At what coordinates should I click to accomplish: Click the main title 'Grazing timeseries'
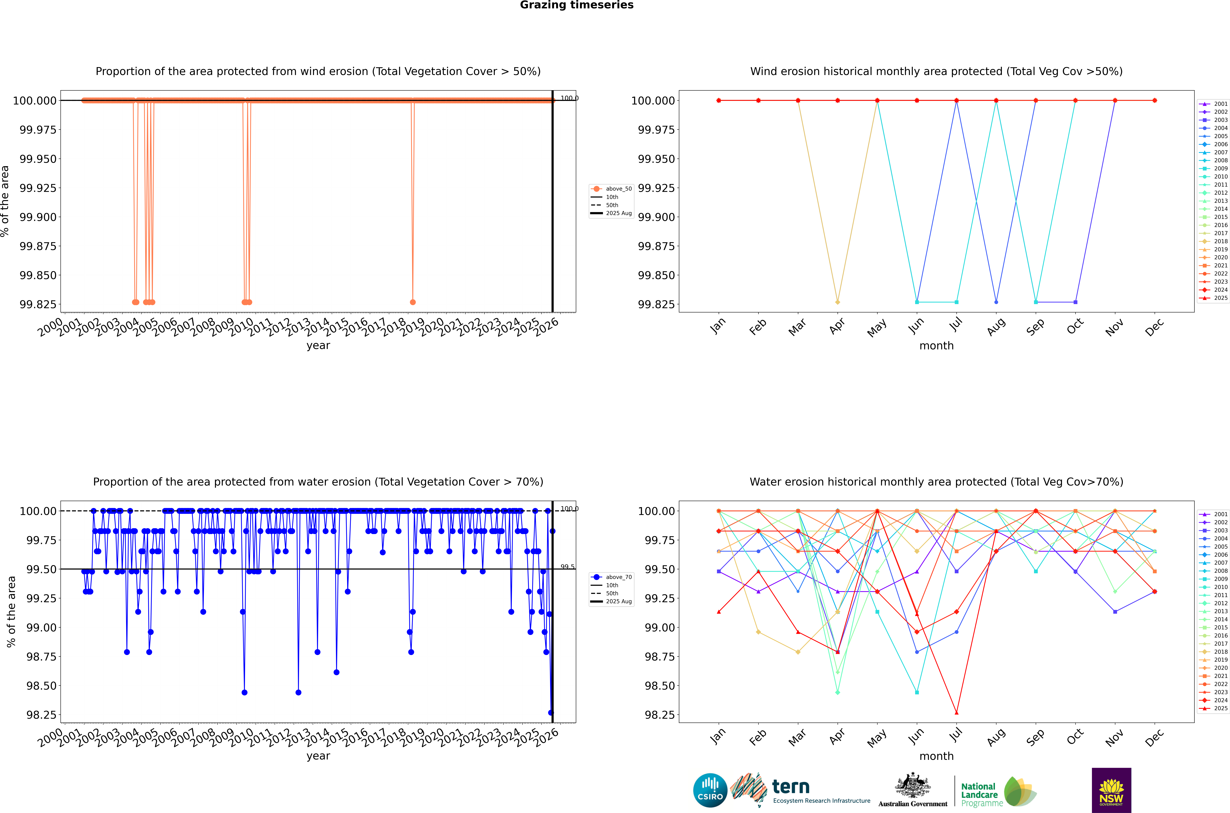coord(576,5)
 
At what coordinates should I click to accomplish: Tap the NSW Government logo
coord(1111,790)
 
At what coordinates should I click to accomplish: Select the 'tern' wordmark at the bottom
coord(790,787)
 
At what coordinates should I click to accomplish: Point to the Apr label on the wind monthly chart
coord(837,326)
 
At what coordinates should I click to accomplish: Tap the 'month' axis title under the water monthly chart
coord(936,756)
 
